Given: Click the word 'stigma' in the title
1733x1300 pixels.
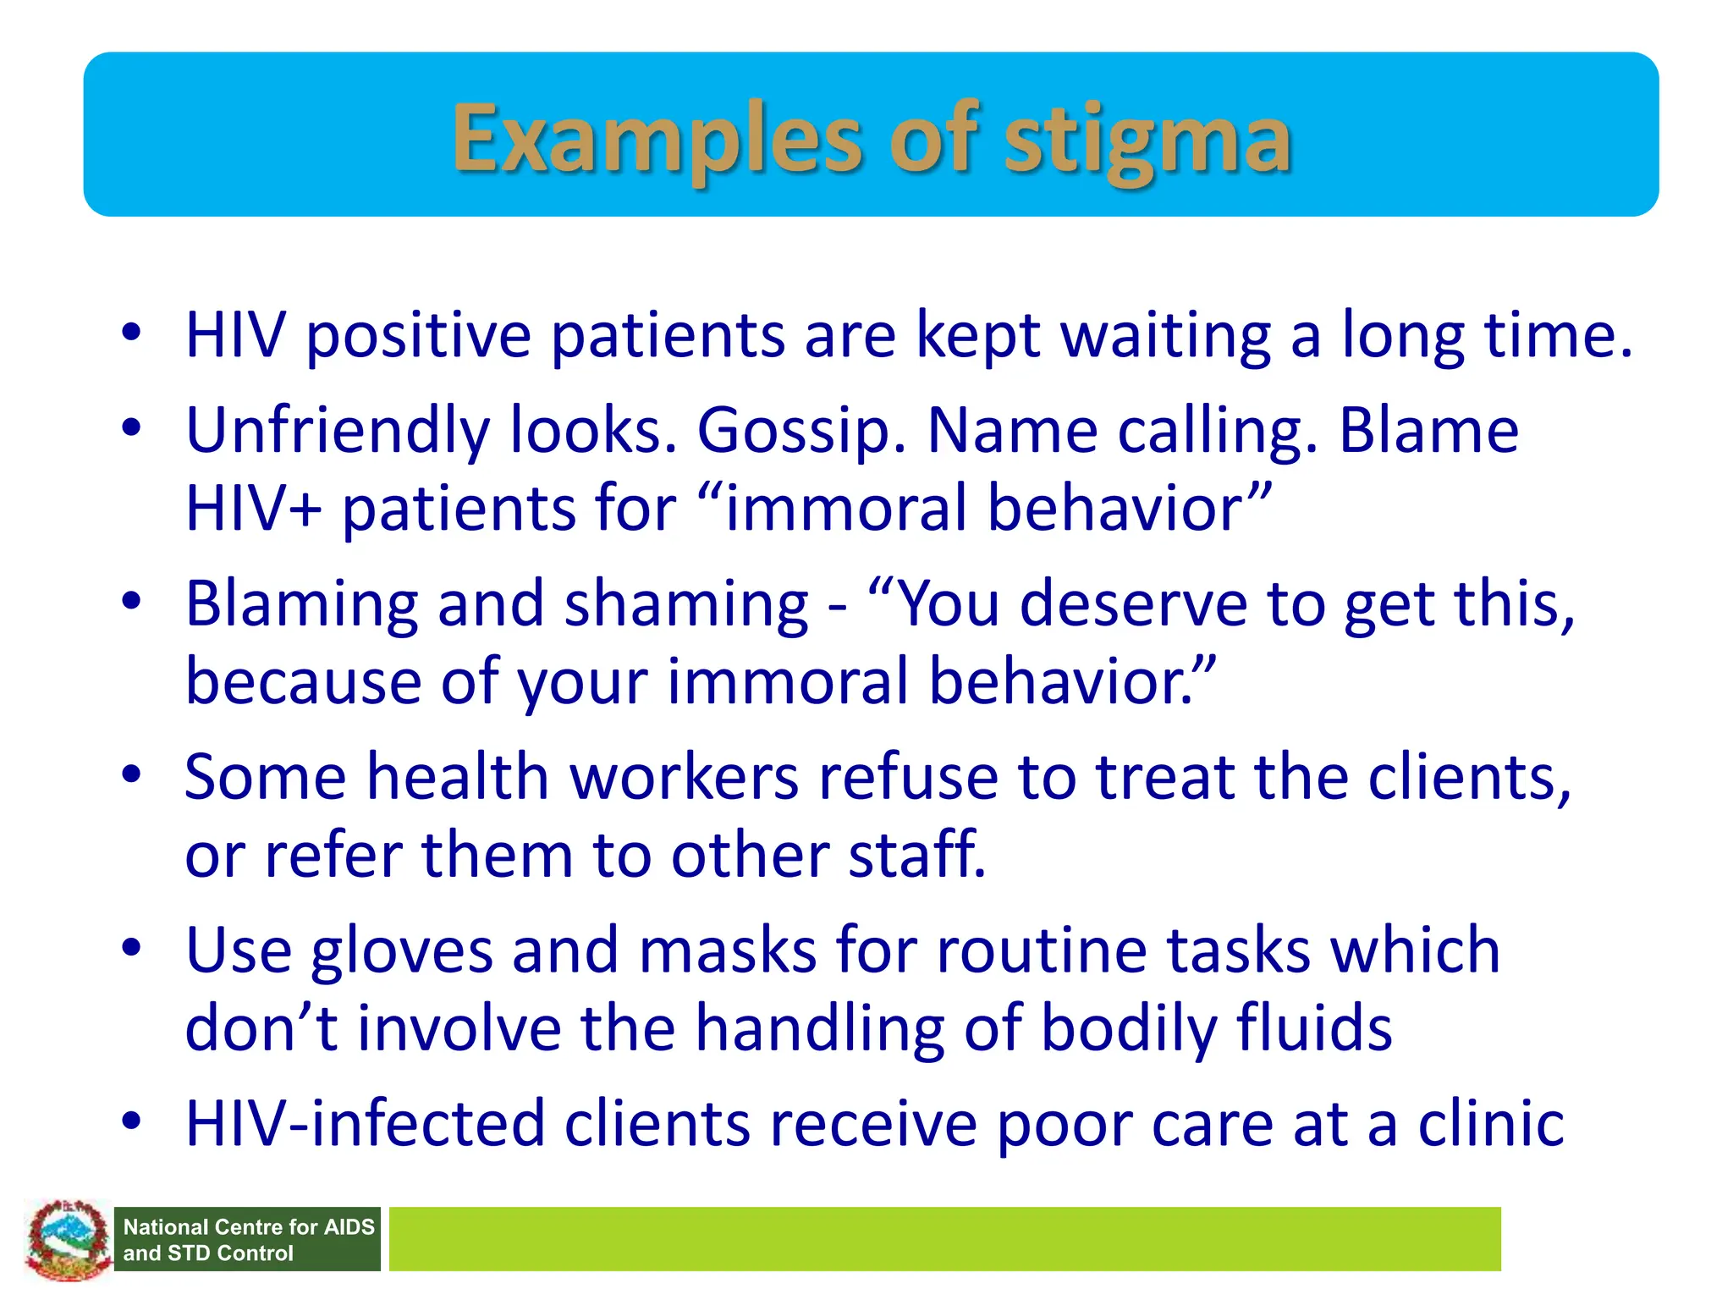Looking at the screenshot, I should pos(1147,140).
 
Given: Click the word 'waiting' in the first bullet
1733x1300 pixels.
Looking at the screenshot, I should pos(1166,337).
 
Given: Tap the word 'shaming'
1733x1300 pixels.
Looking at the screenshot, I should pos(686,606).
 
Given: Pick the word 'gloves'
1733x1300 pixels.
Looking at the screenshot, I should pos(402,951).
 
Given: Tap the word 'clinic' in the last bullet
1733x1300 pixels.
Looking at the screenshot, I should pos(1491,1125).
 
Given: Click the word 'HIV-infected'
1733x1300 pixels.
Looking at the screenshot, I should pos(365,1125).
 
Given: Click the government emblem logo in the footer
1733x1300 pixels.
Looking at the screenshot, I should pos(68,1240).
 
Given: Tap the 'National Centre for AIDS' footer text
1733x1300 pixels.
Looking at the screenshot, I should pos(248,1227).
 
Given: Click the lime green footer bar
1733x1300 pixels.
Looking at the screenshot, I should pos(944,1239).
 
